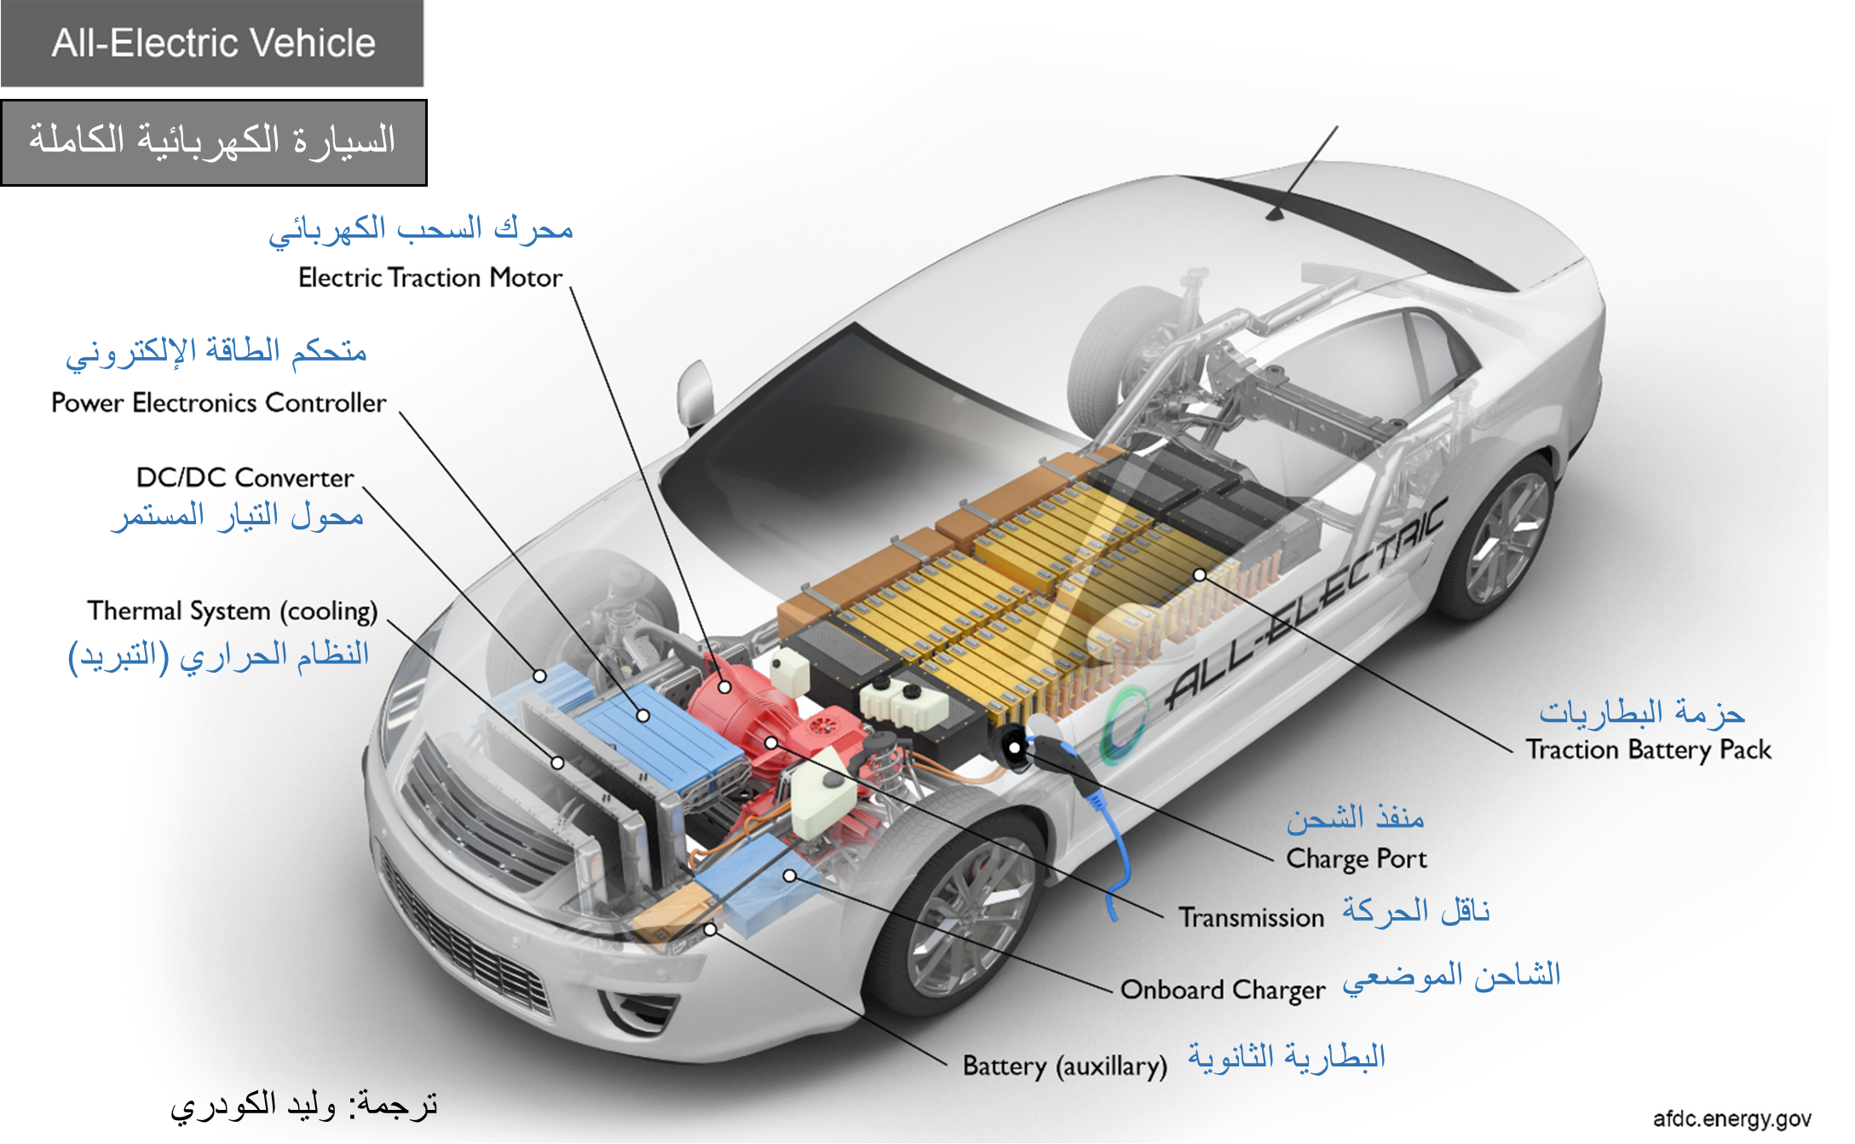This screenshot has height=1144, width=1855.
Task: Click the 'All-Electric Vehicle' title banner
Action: (212, 43)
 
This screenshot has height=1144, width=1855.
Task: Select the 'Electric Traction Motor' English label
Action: (430, 278)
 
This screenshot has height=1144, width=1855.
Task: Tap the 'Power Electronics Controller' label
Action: (218, 402)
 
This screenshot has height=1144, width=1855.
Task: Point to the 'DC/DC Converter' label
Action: (245, 477)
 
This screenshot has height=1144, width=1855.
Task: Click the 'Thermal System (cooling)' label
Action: (232, 611)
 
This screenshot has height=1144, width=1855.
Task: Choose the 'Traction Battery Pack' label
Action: (1648, 750)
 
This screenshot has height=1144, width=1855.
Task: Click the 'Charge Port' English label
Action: (1356, 858)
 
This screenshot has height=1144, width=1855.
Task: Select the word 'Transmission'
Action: (1251, 918)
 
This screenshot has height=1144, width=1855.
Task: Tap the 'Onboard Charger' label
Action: (1223, 990)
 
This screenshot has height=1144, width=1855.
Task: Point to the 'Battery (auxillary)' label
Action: (1064, 1066)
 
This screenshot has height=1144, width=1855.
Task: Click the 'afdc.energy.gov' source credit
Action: (1731, 1119)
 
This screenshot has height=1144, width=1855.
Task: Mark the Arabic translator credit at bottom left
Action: (303, 1106)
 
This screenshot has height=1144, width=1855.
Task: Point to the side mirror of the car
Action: (694, 393)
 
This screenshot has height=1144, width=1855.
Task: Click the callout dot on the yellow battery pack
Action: (1200, 575)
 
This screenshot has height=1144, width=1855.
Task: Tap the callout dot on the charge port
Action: (1015, 748)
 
